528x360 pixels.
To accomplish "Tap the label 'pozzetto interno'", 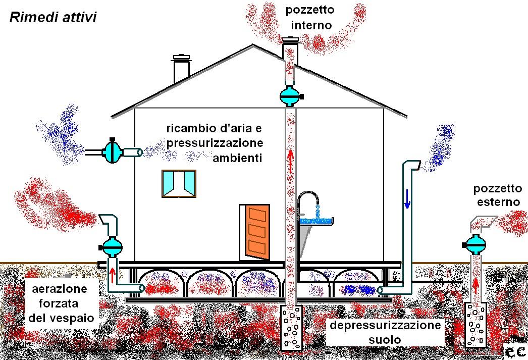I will coord(310,17).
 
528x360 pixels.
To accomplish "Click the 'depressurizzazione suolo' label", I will coord(385,332).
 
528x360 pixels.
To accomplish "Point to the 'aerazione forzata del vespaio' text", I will coord(59,303).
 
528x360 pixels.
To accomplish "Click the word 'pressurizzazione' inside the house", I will coord(215,143).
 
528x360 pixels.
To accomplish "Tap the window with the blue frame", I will coord(179,183).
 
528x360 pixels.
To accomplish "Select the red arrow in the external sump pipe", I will coord(475,284).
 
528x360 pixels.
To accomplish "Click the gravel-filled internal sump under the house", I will coord(290,328).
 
